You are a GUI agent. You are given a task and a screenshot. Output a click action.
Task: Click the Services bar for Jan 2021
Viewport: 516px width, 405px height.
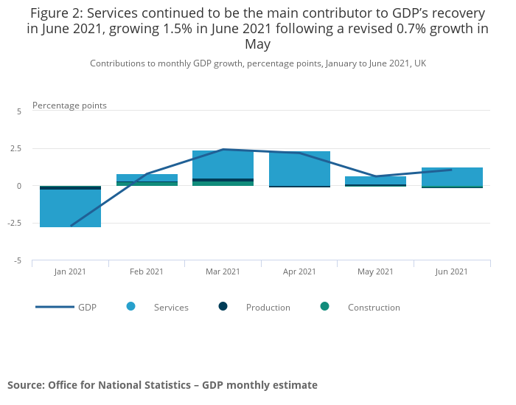(x=71, y=208)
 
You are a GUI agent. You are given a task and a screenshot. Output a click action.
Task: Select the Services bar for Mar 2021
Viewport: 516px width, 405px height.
(x=223, y=165)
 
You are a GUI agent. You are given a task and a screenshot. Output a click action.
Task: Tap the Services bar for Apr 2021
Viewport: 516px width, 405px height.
(x=299, y=169)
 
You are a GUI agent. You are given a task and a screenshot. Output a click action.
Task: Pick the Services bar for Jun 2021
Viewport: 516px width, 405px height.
(x=452, y=177)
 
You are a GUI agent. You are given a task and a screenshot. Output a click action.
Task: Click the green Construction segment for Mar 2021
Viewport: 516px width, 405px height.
(x=223, y=184)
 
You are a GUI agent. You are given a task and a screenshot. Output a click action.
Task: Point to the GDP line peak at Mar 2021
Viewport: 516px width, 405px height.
(x=223, y=150)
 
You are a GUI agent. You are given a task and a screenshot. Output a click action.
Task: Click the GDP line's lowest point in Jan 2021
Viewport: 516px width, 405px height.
(x=71, y=226)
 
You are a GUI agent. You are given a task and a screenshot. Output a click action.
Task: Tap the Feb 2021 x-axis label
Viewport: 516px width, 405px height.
(x=147, y=271)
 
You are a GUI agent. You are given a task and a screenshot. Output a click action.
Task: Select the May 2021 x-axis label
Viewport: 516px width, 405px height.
(x=375, y=271)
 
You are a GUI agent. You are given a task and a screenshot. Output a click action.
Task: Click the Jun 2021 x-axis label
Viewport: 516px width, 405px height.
(x=451, y=271)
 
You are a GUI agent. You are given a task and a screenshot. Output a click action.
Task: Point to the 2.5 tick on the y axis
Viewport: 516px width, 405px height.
(x=15, y=148)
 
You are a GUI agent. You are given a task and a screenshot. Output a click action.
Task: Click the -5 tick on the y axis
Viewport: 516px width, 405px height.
(x=18, y=261)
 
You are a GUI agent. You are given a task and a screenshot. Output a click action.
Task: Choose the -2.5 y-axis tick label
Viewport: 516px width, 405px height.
(x=15, y=223)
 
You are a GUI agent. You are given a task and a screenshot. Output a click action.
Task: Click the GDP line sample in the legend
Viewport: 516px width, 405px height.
(x=55, y=307)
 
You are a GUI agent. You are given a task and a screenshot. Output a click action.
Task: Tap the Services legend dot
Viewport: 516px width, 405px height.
(x=131, y=307)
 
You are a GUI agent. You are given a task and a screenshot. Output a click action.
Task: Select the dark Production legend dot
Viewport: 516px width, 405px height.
(x=223, y=307)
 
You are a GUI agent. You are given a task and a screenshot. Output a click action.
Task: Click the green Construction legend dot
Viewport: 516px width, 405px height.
(x=325, y=307)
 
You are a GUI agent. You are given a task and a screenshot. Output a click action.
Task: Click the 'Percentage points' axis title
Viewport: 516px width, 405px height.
(x=69, y=105)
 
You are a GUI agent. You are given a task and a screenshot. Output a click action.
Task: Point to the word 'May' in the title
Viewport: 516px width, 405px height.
(x=258, y=44)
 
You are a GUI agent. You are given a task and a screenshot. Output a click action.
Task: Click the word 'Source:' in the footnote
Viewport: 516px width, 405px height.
(x=27, y=385)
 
